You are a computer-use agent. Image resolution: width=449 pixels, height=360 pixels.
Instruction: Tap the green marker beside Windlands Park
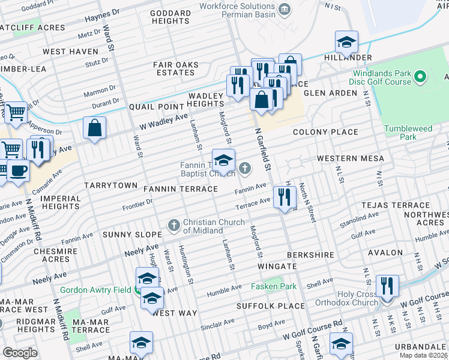pos(420,77)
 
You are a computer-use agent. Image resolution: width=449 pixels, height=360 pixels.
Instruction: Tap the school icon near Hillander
pos(346,43)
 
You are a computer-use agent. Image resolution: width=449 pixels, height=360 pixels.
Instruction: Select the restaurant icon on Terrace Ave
pos(283,197)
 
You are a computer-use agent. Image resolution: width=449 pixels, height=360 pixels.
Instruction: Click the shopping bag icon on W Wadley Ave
pos(95,128)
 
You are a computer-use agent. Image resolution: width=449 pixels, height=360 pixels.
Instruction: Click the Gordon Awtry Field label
pos(98,290)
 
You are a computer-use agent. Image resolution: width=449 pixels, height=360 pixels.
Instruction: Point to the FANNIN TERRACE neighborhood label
pos(181,189)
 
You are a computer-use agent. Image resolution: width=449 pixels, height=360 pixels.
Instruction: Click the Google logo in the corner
pos(20,352)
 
